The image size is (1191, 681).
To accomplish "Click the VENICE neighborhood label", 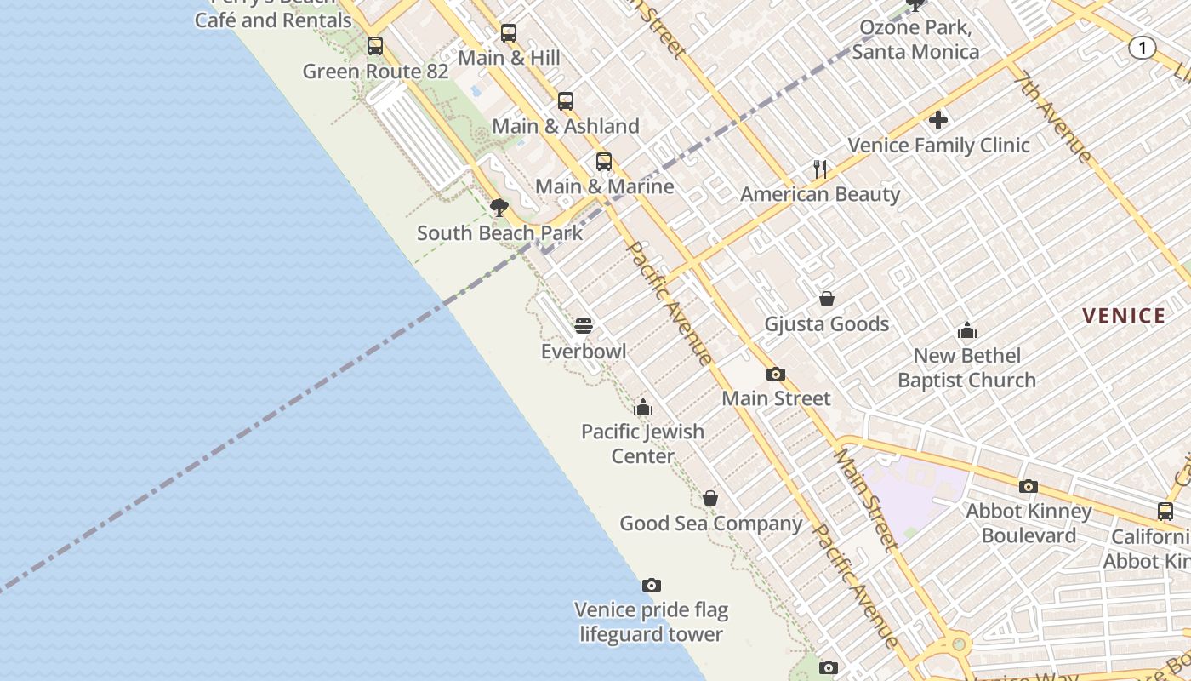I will [x=1123, y=317].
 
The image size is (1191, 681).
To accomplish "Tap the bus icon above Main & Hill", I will [x=509, y=33].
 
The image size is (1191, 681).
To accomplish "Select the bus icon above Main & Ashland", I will [x=566, y=101].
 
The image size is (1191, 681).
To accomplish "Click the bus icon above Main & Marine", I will [x=604, y=161].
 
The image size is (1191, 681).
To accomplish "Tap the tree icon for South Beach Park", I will [x=499, y=208].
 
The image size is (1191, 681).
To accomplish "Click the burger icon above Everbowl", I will [x=584, y=326].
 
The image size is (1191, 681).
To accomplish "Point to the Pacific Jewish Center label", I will [x=642, y=444].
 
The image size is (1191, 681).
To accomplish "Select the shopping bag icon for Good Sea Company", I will [x=710, y=498].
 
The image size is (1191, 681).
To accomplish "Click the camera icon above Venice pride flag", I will [x=652, y=585].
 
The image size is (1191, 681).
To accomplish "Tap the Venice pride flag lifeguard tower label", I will [x=651, y=622].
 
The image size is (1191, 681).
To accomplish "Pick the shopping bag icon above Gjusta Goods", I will [x=826, y=299].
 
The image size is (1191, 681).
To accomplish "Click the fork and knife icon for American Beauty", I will [x=820, y=169].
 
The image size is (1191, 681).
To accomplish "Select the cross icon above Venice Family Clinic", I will [x=938, y=120].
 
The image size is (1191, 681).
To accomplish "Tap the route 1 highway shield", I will [x=1142, y=48].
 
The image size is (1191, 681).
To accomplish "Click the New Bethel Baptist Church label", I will [x=967, y=368].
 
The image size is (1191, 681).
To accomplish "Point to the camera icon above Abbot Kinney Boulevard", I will [x=1029, y=486].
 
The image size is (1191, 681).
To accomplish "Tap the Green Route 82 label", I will [x=375, y=72].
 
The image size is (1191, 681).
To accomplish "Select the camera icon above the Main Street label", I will [x=776, y=374].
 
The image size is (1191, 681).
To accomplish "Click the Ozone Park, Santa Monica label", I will [x=915, y=39].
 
